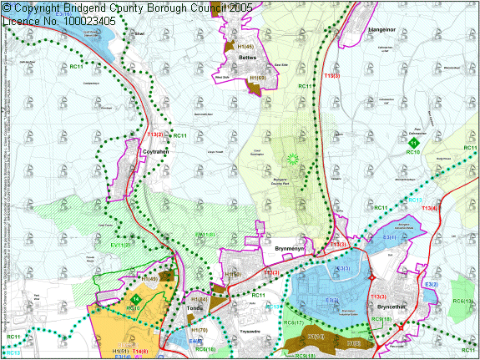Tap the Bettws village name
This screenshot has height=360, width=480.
247,58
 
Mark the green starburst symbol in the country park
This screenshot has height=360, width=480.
292,159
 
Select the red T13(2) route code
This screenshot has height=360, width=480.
156,134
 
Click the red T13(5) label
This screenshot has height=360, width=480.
331,76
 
